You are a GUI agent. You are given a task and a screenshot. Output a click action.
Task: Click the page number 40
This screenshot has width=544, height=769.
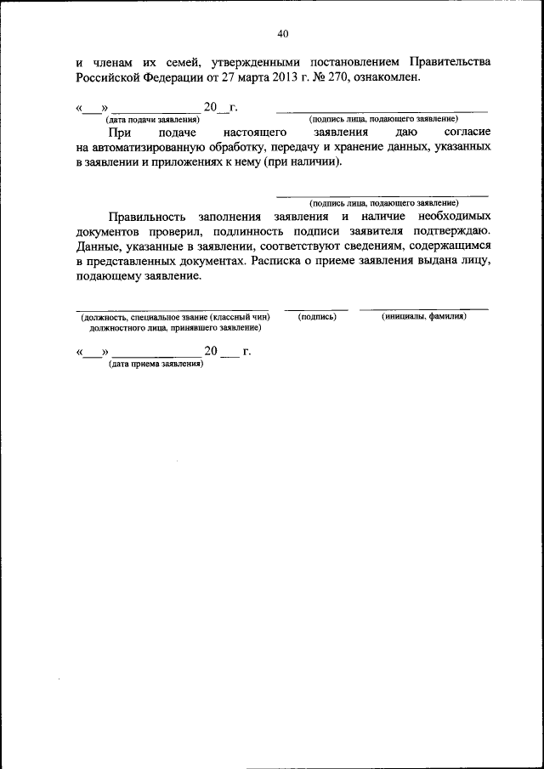[283, 34]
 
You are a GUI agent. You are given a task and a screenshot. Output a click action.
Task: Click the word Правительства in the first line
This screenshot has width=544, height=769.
[450, 62]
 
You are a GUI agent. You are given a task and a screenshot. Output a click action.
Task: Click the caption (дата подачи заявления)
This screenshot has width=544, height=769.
[153, 119]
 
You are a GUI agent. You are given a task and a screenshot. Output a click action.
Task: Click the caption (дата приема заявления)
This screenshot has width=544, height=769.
[156, 364]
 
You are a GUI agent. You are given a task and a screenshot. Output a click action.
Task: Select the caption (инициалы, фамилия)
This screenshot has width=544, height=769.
[424, 317]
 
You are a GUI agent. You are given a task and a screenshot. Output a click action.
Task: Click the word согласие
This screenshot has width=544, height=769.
[467, 133]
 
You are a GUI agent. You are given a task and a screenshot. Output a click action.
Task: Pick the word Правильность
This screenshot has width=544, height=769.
[146, 218]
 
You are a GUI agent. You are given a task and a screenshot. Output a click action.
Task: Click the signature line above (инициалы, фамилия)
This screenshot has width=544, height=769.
[423, 308]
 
